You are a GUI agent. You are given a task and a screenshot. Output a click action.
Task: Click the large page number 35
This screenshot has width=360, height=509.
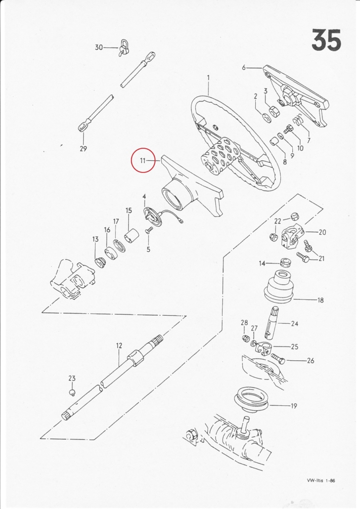pos(326,40)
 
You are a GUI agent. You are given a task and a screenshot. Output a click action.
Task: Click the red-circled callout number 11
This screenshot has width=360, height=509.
pos(143,161)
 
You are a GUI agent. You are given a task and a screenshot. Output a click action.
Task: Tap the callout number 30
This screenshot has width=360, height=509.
pos(99,47)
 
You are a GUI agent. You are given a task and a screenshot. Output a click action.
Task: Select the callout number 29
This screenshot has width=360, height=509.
pos(83,149)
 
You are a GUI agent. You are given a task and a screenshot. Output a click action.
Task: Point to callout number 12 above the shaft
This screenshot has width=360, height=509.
pos(119,346)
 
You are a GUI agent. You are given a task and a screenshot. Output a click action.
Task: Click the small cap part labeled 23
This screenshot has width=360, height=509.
pos(72,393)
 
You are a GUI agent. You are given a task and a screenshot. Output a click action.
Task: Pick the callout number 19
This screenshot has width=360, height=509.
pos(294,406)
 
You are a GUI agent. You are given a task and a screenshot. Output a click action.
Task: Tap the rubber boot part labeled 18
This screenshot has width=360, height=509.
pos(279,285)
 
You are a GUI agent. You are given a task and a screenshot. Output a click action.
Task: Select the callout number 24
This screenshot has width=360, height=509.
pos(295,324)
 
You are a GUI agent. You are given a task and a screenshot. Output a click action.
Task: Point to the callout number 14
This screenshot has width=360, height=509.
pos(262,263)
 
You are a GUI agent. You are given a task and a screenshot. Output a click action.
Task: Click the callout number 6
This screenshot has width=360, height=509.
pos(244,68)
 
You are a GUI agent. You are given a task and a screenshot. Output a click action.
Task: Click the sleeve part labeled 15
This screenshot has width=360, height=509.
pos(132,241)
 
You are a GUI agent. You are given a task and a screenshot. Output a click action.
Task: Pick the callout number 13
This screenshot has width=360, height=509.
pos(95,239)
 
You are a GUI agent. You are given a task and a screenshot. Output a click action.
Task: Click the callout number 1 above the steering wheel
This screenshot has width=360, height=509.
pos(208,78)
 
